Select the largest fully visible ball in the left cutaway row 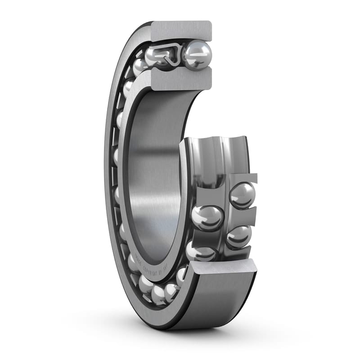pos(207,217)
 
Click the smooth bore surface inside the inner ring pos(153,171)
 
